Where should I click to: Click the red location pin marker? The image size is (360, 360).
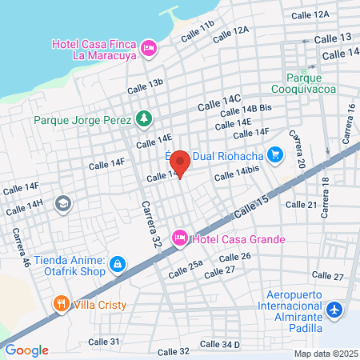[181, 162]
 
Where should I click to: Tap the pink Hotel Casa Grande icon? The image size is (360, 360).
[181, 238]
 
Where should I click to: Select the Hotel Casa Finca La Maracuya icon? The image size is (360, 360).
[148, 50]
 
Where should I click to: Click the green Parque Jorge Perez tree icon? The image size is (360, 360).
[143, 119]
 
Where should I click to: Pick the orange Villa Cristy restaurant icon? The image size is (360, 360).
[62, 304]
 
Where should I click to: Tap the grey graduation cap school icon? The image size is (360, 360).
[62, 204]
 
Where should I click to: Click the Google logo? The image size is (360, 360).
[26, 350]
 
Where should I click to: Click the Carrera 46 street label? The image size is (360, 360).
[22, 247]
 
